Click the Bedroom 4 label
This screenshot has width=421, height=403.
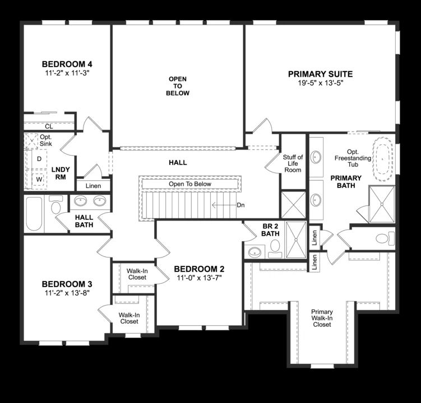pyautogui.click(x=67, y=63)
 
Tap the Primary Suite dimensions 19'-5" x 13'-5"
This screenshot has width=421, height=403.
pyautogui.click(x=320, y=83)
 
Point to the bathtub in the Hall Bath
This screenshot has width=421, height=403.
pyautogui.click(x=35, y=213)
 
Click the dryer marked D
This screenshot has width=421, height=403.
pyautogui.click(x=39, y=159)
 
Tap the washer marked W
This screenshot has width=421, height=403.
pyautogui.click(x=39, y=179)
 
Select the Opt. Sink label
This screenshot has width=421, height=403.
pyautogui.click(x=45, y=140)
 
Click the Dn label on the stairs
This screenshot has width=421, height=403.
pyautogui.click(x=240, y=205)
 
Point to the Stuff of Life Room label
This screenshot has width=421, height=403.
pyautogui.click(x=293, y=163)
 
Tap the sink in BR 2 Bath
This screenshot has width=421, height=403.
pyautogui.click(x=255, y=251)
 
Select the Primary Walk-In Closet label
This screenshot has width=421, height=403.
pyautogui.click(x=322, y=318)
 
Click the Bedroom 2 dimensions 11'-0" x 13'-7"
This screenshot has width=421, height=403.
pyautogui.click(x=199, y=278)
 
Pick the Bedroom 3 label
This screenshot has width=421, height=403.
pyautogui.click(x=67, y=283)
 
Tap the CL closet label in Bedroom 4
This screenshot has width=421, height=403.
pyautogui.click(x=49, y=126)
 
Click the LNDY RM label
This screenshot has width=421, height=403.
pyautogui.click(x=60, y=173)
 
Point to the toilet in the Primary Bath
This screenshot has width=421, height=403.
pyautogui.click(x=382, y=238)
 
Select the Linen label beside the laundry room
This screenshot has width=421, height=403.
pyautogui.click(x=94, y=185)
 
